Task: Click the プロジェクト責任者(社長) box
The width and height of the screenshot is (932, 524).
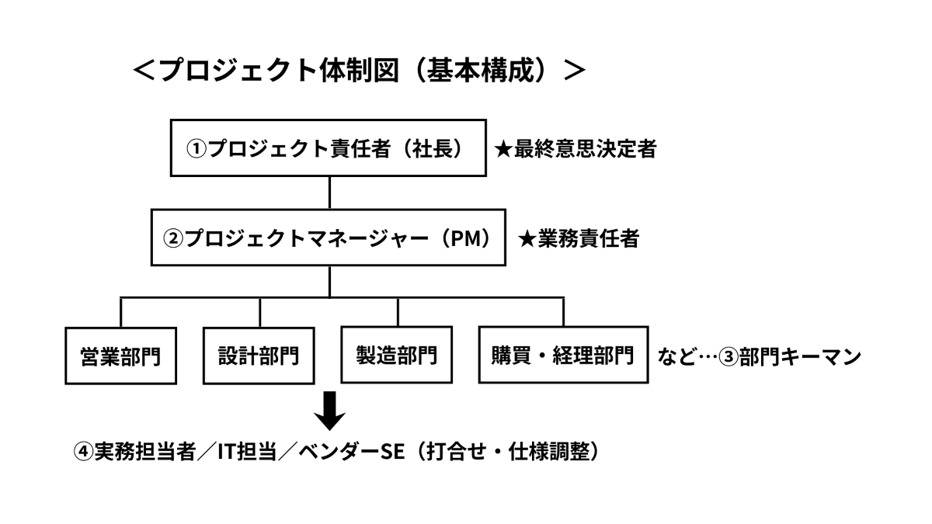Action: [329, 148]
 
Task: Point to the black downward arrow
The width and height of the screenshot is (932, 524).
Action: [329, 411]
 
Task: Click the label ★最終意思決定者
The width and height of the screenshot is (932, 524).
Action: [576, 149]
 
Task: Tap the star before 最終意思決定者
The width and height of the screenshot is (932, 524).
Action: [503, 149]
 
